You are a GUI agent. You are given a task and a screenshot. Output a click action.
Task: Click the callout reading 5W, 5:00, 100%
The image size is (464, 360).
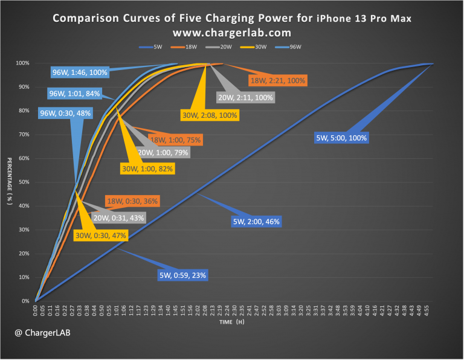click(341, 138)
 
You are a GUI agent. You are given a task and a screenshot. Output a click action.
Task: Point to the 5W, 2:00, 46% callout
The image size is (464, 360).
click(256, 222)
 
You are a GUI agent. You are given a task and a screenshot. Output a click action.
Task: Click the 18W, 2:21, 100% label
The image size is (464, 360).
click(279, 80)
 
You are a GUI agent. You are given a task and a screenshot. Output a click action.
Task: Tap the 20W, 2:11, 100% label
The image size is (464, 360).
click(245, 97)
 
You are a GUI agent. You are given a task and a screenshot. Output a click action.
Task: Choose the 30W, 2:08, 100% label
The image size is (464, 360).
click(210, 114)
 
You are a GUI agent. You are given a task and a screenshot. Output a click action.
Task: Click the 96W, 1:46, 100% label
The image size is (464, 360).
click(80, 72)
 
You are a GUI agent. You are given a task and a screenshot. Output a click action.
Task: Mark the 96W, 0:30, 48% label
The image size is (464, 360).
click(65, 113)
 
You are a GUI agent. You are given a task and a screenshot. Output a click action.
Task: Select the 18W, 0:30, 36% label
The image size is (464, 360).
click(132, 201)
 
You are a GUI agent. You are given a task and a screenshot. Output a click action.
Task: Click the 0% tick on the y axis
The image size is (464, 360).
click(24, 301)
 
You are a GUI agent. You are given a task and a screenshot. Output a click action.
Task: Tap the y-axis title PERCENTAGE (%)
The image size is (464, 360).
click(9, 182)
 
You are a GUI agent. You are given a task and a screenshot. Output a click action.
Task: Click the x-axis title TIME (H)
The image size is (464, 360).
click(232, 323)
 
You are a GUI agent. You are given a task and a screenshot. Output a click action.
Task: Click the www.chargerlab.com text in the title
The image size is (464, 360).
click(232, 32)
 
